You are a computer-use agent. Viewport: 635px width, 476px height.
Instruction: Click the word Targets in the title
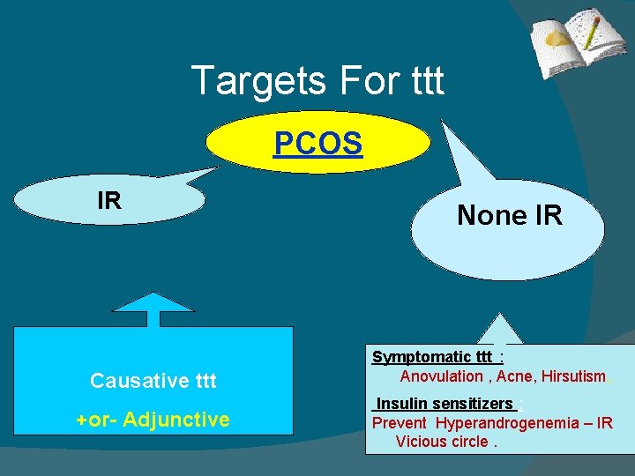(243, 81)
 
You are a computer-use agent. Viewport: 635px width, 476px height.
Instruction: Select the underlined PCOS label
(317, 142)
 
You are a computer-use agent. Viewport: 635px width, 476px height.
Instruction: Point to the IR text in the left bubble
(109, 201)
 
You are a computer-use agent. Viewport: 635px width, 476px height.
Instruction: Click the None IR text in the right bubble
(509, 214)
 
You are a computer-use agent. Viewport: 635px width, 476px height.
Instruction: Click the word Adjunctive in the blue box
(176, 420)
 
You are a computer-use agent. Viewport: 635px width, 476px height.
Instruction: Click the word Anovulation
(441, 376)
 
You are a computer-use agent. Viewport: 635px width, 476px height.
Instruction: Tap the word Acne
(513, 376)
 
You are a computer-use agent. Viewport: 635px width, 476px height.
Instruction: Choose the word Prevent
(399, 423)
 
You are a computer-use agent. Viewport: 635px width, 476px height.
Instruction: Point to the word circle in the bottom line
(469, 442)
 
